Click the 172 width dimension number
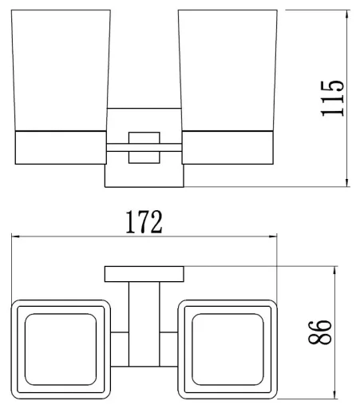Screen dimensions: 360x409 pos(144,222)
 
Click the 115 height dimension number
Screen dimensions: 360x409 pos(333,98)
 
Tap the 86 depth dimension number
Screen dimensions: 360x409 pos(320,332)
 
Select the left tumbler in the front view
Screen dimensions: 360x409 pos(61,70)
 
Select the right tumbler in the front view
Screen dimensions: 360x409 pos(227,70)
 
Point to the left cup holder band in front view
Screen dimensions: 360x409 pos(61,148)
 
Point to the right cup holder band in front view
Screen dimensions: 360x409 pos(227,148)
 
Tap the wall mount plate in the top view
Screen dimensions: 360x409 pos(144,274)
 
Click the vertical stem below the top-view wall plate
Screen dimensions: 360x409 pos(144,324)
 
